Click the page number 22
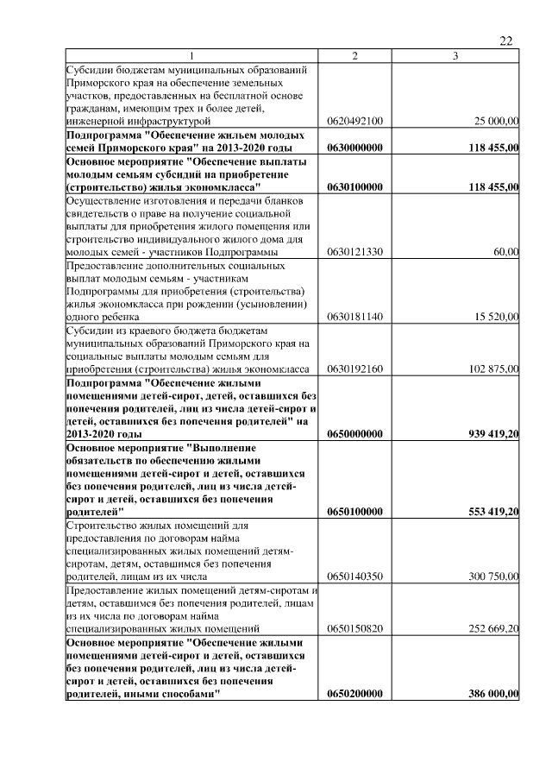click(x=506, y=41)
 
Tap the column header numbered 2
click(x=354, y=56)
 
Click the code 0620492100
click(x=354, y=122)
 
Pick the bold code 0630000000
click(x=354, y=148)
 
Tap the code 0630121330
click(x=354, y=252)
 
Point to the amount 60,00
click(x=506, y=252)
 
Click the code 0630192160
click(x=354, y=369)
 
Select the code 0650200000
click(x=354, y=695)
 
